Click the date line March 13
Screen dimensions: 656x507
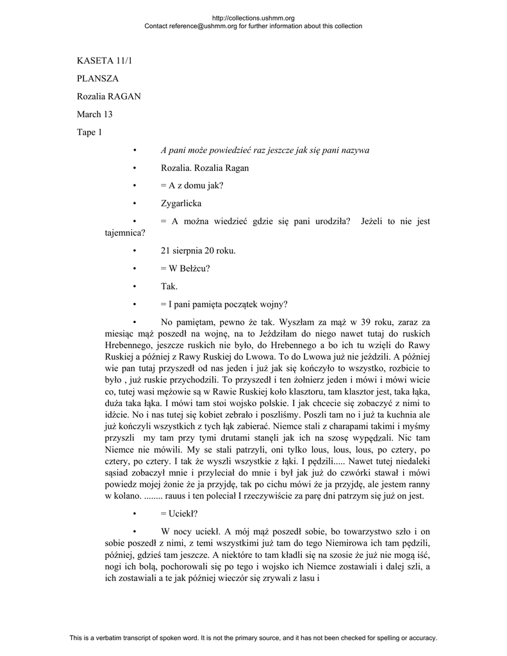(95, 115)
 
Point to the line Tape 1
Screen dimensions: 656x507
(90, 133)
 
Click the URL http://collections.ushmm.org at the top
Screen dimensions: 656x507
(253, 19)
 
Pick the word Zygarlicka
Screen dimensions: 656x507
(181, 204)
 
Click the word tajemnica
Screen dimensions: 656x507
(124, 233)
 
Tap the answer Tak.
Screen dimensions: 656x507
(169, 286)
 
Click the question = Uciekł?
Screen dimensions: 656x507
(179, 514)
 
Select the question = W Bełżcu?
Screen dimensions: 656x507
(185, 268)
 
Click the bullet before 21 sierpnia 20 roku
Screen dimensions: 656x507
(135, 250)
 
